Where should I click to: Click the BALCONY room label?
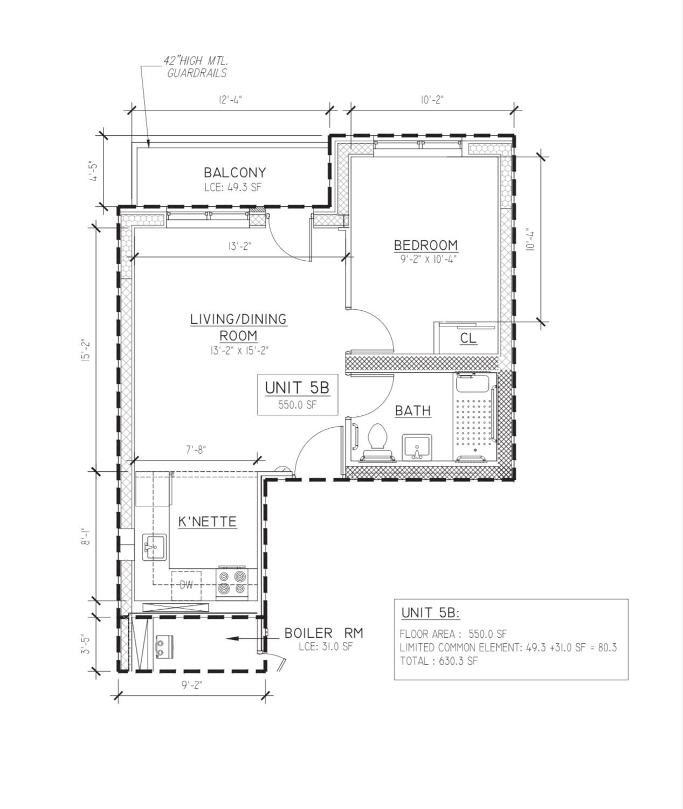pyautogui.click(x=234, y=172)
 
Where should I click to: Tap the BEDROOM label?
pyautogui.click(x=425, y=245)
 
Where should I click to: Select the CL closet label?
pyautogui.click(x=468, y=338)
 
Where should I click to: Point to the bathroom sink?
pyautogui.click(x=416, y=447)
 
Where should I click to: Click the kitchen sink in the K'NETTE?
pyautogui.click(x=155, y=547)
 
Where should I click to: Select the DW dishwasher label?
pyautogui.click(x=186, y=585)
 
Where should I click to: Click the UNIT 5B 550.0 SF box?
pyautogui.click(x=297, y=395)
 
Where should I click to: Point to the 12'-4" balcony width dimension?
pyautogui.click(x=230, y=100)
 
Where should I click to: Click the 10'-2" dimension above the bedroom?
pyautogui.click(x=432, y=100)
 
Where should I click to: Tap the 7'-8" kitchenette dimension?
pyautogui.click(x=196, y=450)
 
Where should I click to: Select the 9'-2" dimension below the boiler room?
pyautogui.click(x=192, y=685)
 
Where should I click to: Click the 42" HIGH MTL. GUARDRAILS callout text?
pyautogui.click(x=196, y=67)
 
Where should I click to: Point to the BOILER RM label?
pyautogui.click(x=323, y=633)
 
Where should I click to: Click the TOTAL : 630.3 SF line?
pyautogui.click(x=438, y=661)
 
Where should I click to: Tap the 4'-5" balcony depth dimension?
pyautogui.click(x=92, y=171)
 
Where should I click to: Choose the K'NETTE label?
pyautogui.click(x=208, y=521)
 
